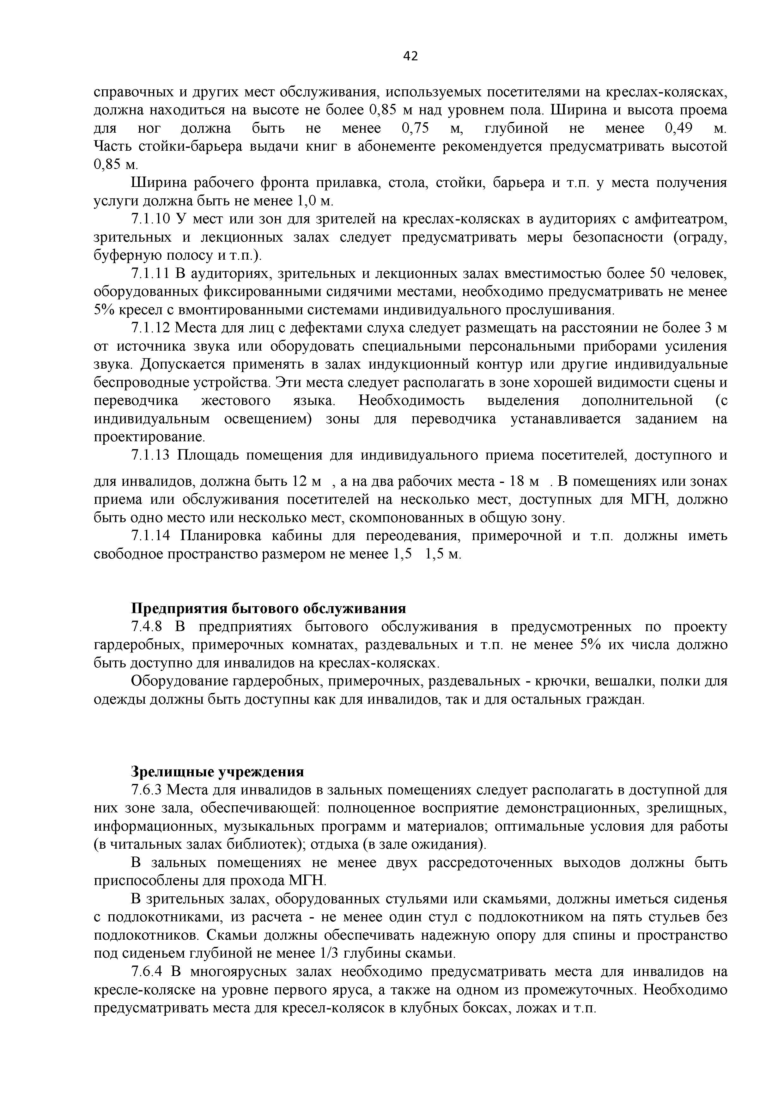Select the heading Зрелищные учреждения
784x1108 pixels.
click(218, 772)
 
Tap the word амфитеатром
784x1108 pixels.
click(679, 220)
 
